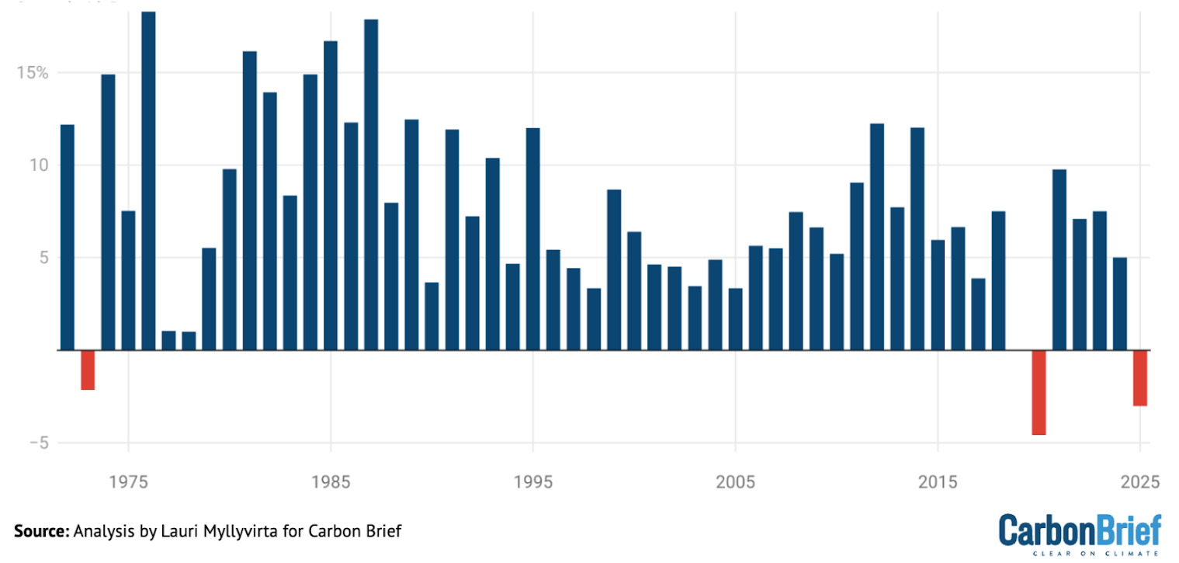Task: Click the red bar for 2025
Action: [1139, 378]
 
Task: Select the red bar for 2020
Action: [1039, 392]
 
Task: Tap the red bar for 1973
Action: [88, 370]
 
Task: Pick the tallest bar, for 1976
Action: [148, 181]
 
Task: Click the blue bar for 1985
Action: [331, 195]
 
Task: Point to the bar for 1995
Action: [532, 239]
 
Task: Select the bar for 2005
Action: [735, 319]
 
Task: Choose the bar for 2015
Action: [938, 295]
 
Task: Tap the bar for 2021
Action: [1059, 259]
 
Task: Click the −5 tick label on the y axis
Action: [36, 443]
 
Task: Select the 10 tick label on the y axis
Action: [38, 165]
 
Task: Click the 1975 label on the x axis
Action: [128, 482]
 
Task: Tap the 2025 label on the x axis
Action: [1139, 482]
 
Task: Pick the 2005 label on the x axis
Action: [735, 482]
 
